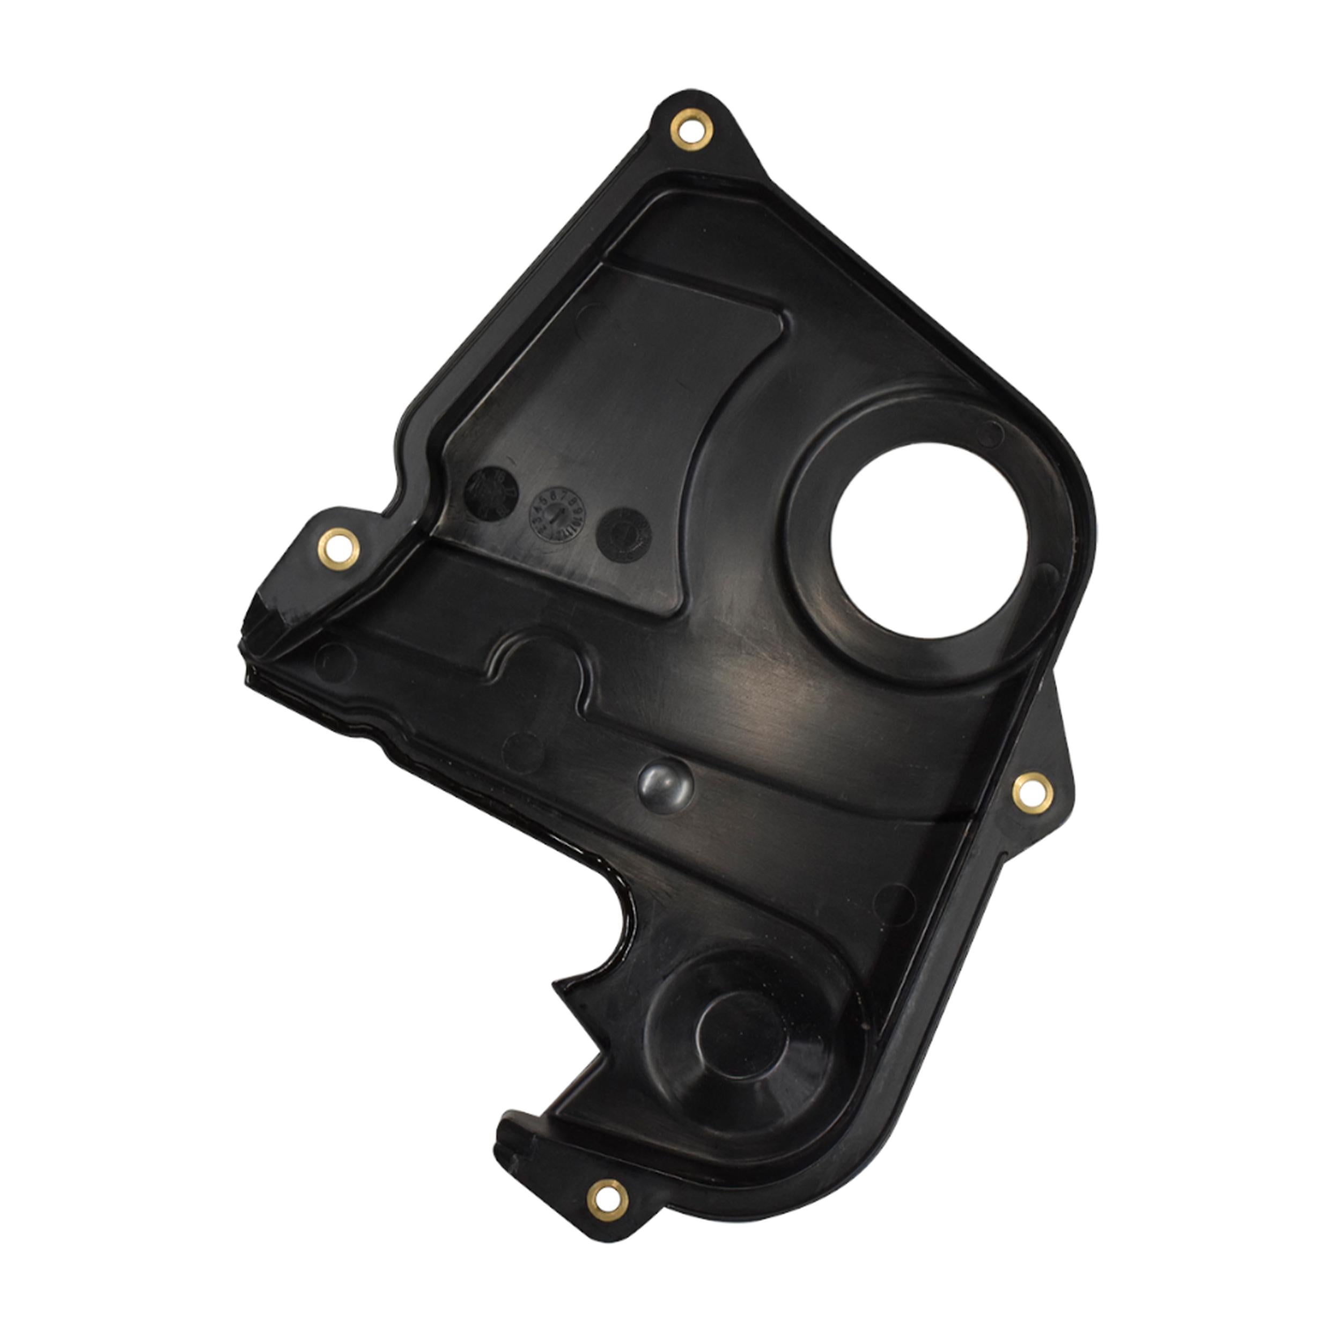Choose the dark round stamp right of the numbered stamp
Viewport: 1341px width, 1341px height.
click(623, 534)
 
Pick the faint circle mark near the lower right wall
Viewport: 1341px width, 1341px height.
click(895, 902)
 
